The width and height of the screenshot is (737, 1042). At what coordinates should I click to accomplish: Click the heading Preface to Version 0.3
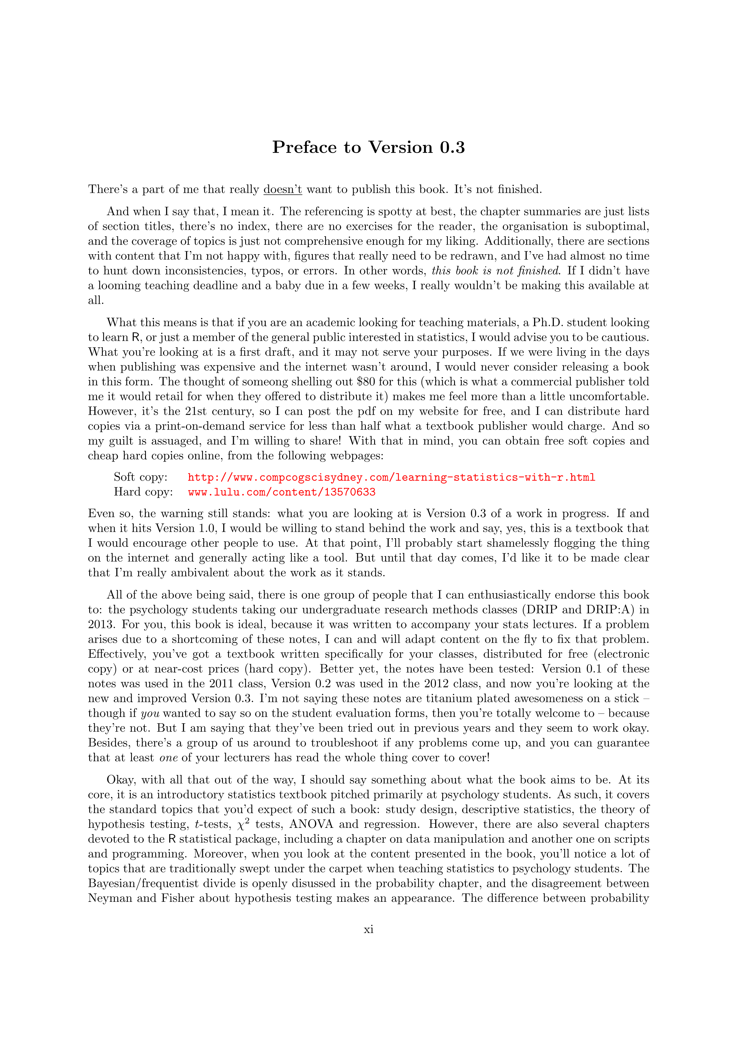pos(368,148)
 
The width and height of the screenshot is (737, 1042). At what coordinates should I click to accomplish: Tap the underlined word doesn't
pos(282,189)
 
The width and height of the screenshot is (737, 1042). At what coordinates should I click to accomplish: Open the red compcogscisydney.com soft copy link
pos(391,477)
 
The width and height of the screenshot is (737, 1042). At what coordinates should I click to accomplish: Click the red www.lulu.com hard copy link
pos(281,492)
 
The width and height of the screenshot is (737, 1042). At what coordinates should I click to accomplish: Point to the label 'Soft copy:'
pos(140,477)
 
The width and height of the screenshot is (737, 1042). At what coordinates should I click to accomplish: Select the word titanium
pos(489,698)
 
